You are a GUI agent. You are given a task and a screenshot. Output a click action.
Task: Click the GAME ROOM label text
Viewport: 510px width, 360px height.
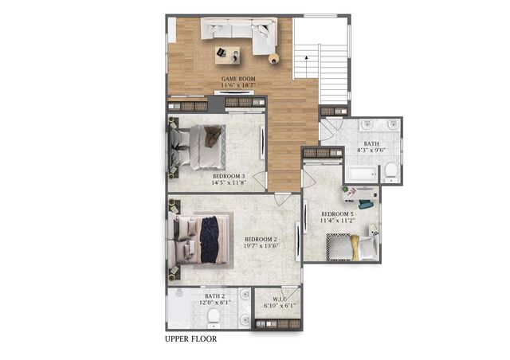coord(237,79)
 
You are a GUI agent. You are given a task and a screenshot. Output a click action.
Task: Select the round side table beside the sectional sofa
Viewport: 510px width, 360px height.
coord(274,57)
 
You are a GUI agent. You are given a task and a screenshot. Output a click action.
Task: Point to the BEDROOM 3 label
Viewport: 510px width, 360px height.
coord(228,175)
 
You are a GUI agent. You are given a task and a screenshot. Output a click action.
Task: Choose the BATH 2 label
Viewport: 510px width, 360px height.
coord(215,295)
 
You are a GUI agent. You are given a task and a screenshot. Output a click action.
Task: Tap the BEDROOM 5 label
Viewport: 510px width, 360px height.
coord(337,214)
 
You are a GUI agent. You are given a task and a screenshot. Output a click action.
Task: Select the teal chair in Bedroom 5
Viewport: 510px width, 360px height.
coord(366,204)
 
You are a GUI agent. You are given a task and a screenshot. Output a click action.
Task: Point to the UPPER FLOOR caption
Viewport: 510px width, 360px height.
coord(190,338)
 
